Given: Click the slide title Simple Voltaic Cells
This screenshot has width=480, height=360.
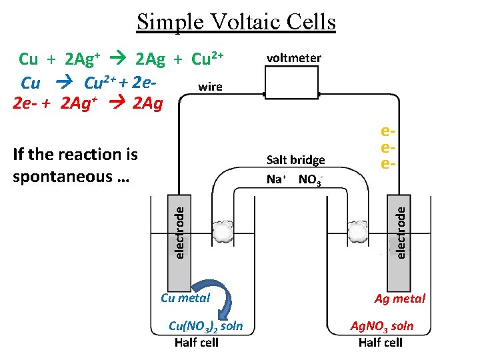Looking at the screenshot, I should (x=236, y=22).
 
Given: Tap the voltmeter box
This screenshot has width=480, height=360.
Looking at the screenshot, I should (x=293, y=84).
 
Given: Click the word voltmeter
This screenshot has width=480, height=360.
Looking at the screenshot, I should (x=293, y=58).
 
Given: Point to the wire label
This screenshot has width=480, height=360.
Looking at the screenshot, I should (x=211, y=87).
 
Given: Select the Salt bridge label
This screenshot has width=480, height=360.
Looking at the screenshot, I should (x=295, y=160).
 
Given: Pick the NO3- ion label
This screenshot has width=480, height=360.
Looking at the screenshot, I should (x=311, y=179).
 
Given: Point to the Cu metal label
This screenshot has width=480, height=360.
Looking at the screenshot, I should (x=185, y=298).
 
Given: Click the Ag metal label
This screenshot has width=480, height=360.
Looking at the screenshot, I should (x=399, y=299).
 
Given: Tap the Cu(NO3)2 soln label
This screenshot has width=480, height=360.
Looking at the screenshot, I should (x=205, y=326).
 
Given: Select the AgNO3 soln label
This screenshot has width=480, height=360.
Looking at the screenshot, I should (x=382, y=326).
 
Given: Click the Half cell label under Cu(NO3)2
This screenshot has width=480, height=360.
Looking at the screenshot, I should (x=196, y=343).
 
